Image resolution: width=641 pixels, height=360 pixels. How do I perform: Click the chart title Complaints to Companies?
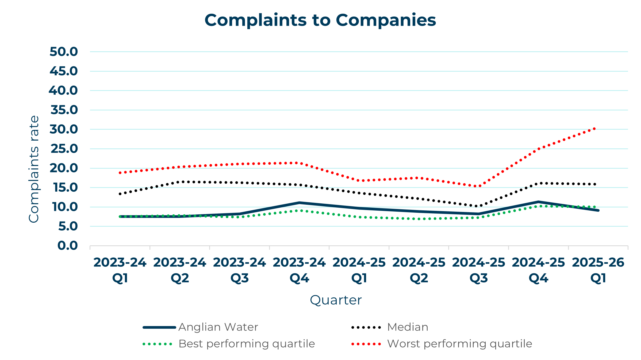click(x=320, y=20)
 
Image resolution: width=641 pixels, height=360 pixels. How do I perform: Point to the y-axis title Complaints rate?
click(x=34, y=169)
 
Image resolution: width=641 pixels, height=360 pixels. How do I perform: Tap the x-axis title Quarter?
click(x=336, y=300)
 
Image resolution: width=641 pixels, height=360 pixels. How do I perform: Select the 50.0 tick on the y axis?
click(x=64, y=52)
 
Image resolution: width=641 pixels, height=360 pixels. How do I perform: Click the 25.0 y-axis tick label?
click(x=64, y=149)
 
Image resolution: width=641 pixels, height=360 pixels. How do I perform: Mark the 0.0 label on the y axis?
click(x=67, y=246)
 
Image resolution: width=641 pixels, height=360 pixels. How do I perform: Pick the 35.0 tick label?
click(x=64, y=110)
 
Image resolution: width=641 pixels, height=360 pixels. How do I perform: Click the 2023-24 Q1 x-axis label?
click(x=120, y=270)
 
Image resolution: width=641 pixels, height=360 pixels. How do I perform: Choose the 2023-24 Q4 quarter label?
click(x=299, y=270)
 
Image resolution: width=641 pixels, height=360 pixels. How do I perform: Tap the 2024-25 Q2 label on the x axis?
click(x=419, y=270)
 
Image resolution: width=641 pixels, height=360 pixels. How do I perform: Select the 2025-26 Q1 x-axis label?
click(x=598, y=270)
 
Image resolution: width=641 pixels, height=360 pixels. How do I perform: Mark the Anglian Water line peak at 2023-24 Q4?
click(x=299, y=203)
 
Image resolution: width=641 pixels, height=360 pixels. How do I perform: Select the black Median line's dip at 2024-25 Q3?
click(x=478, y=206)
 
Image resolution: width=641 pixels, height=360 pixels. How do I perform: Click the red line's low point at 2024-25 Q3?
click(x=479, y=186)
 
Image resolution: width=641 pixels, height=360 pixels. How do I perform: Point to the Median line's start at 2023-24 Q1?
click(x=120, y=194)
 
